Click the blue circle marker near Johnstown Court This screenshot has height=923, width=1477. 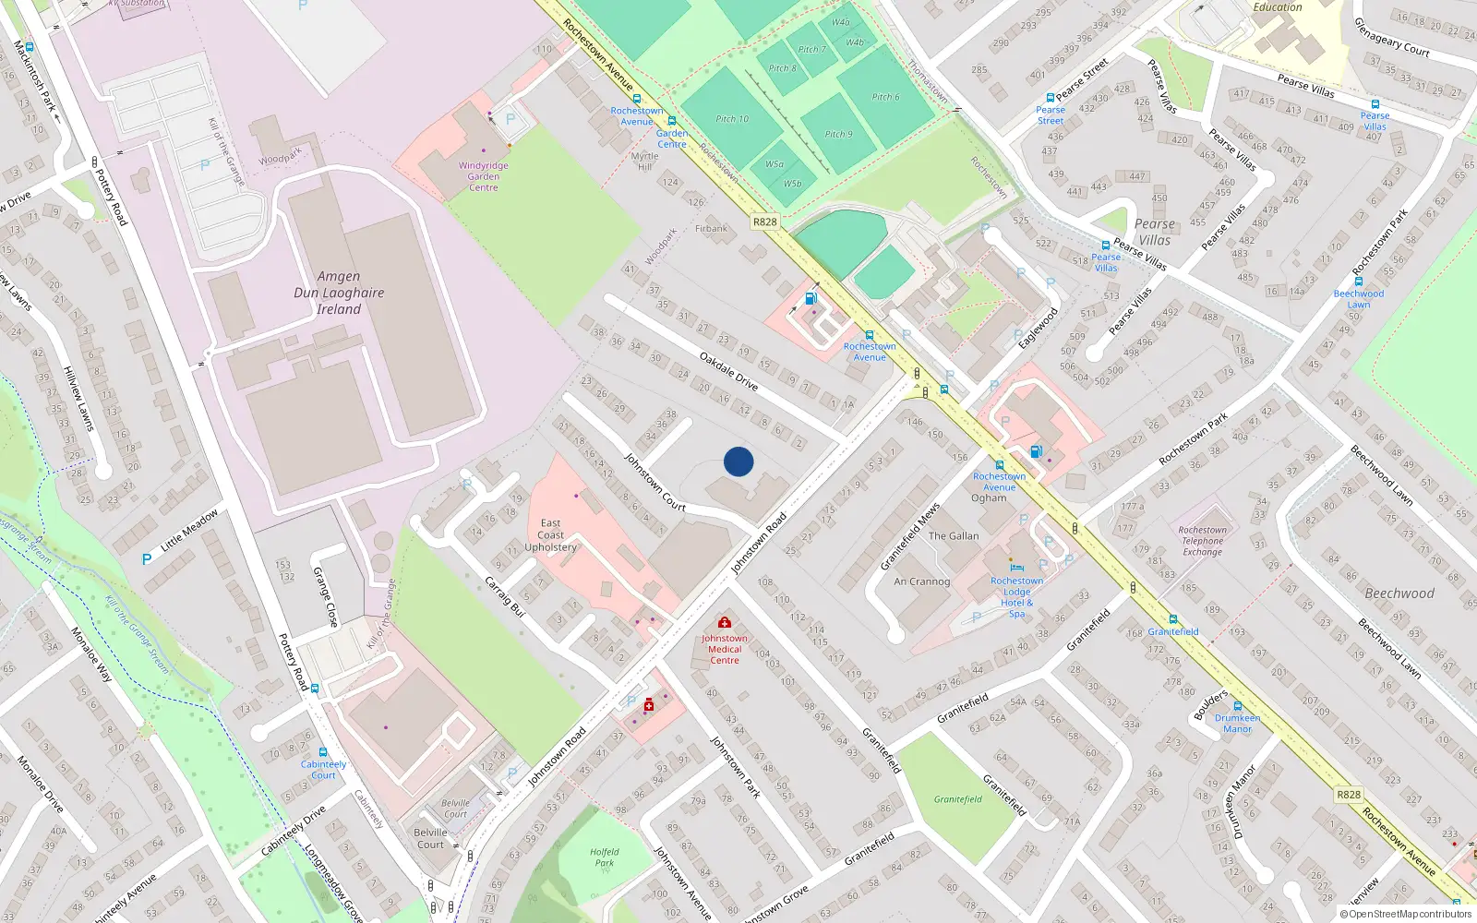[738, 461]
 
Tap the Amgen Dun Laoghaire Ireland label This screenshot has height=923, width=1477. [339, 293]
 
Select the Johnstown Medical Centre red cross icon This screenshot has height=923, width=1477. [725, 623]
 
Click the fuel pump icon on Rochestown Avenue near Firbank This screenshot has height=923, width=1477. [811, 297]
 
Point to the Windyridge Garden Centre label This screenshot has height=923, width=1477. [483, 176]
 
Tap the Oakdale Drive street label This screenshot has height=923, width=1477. [728, 371]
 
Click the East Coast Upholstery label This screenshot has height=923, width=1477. [550, 535]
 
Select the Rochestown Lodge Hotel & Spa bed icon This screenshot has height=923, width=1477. [1016, 567]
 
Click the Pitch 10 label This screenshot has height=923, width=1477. [732, 119]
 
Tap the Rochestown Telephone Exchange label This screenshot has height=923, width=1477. [1202, 541]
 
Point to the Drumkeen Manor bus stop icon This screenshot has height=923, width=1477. [1237, 706]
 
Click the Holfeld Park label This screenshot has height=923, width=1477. [605, 857]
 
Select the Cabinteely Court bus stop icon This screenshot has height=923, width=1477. [322, 752]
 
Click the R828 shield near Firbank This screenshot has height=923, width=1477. [764, 222]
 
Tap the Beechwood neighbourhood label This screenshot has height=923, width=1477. [1399, 593]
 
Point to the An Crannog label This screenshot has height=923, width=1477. [921, 581]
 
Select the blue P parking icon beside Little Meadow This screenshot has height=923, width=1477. [147, 559]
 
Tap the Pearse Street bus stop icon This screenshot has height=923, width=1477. [1050, 98]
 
